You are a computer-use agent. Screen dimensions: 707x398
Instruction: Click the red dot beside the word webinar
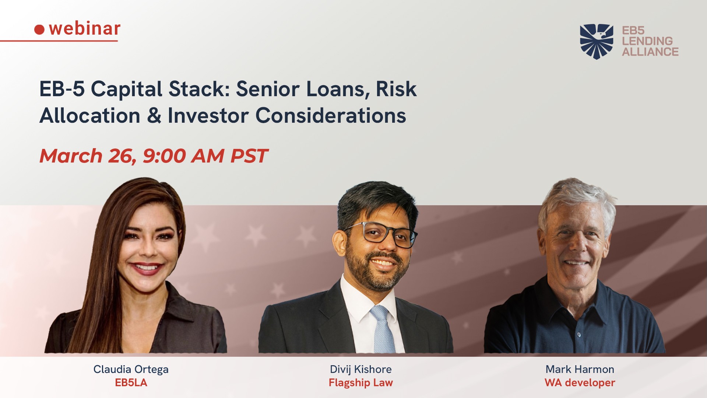pos(39,29)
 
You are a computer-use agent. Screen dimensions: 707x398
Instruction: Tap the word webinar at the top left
pos(85,28)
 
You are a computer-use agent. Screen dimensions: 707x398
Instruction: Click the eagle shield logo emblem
pos(597,41)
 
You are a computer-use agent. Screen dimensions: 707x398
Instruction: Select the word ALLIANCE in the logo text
pos(650,52)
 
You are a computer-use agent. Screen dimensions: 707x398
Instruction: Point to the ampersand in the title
pos(154,115)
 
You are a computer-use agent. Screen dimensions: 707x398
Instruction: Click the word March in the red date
pos(71,156)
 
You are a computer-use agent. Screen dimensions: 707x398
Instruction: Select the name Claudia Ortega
pos(131,370)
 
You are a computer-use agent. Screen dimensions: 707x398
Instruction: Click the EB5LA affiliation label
pos(131,383)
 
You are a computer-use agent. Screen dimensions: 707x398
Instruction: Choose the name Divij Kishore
pos(361,370)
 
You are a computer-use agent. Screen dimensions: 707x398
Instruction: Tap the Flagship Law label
pos(361,383)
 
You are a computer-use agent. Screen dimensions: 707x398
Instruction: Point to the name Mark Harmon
pos(580,369)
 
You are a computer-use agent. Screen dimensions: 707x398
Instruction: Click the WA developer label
pos(580,383)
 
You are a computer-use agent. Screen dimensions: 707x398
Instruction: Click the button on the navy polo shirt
pos(579,335)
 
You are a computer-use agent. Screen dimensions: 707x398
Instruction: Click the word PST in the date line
pos(249,156)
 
